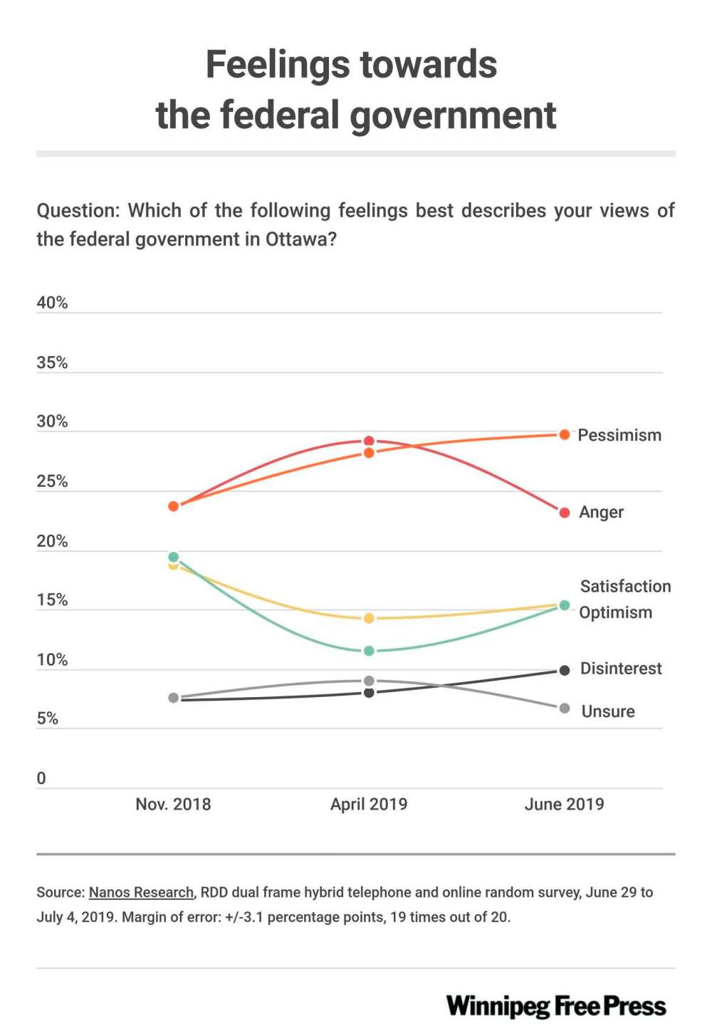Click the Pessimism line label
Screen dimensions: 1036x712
pos(619,435)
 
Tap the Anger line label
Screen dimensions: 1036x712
pos(601,513)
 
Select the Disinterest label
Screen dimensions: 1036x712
pos(621,669)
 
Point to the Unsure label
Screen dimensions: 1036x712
pos(607,711)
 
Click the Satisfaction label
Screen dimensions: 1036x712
pos(625,587)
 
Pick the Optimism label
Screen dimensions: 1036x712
pos(615,612)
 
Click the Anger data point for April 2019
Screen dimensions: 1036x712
pos(369,441)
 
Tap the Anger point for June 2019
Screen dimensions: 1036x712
pos(565,513)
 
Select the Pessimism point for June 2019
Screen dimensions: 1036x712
pos(565,434)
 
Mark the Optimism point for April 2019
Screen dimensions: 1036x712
pos(369,651)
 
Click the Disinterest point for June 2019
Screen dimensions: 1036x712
pos(565,670)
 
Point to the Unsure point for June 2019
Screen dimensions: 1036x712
pos(565,708)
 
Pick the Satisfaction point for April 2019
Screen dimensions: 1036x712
pos(369,619)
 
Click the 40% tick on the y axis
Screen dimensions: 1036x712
pos(52,303)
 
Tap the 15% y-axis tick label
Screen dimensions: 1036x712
pos(52,600)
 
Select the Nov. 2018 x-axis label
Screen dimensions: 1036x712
pos(173,805)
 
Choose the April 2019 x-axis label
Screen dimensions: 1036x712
pos(369,805)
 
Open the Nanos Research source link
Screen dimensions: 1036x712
pos(141,892)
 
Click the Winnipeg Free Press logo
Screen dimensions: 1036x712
pos(556,1006)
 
